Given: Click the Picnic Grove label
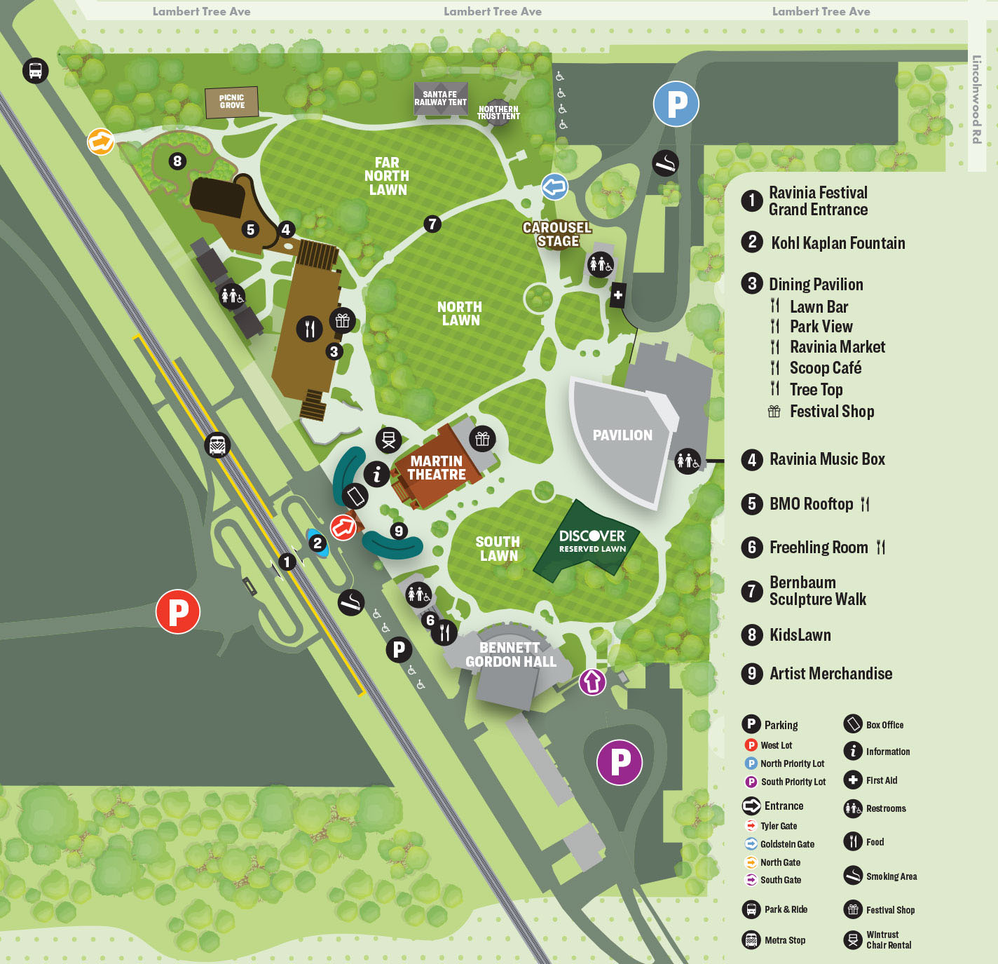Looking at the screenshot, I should coord(231,102).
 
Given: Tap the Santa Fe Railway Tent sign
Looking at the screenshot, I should coord(440,98).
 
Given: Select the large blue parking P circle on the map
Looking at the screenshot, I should coord(676,104).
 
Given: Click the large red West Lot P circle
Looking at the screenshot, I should coord(178,611).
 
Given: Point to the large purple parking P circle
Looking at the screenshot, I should coord(620,762).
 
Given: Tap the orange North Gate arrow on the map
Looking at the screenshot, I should coord(101,142).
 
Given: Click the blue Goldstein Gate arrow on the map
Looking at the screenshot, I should coord(554,187).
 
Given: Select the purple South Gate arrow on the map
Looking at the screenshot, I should coord(592,681).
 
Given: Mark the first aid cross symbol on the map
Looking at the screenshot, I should coord(617,295).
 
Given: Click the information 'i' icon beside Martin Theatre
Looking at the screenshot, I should coord(376,475).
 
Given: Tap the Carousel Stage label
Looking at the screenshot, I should coord(557,234).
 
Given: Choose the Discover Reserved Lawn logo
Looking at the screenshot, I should coord(592,539).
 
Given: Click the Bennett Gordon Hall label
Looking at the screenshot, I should coord(510,655).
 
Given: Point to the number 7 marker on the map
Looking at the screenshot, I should coord(432,224).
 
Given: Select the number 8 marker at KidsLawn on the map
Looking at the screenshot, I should coord(177,161).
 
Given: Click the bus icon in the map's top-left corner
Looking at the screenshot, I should coord(36,70).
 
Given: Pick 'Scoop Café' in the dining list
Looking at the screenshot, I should coord(825,368).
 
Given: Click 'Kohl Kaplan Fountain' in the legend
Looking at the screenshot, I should coord(838,243).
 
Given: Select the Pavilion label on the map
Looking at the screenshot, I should coord(622,435).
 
